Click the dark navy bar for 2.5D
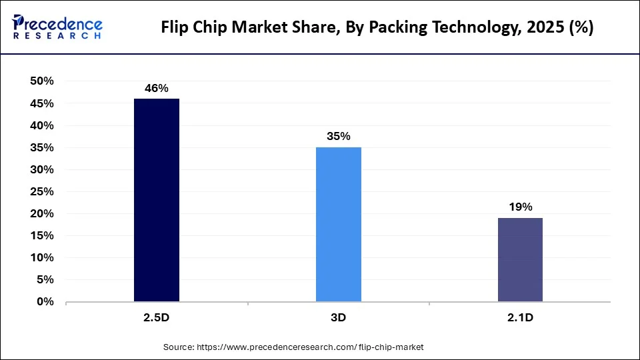(157, 200)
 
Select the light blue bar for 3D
(339, 224)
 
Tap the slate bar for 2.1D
(520, 259)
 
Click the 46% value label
(157, 87)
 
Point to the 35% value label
(339, 136)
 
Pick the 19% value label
(520, 207)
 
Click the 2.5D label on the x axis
(157, 318)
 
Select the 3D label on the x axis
(339, 318)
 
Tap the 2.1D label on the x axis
(520, 318)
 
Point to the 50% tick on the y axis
(42, 81)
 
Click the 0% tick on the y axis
(45, 302)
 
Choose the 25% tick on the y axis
(42, 191)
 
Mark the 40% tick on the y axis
(42, 125)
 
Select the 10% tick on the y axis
(42, 258)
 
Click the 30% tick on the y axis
(42, 169)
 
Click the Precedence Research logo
(57, 27)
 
